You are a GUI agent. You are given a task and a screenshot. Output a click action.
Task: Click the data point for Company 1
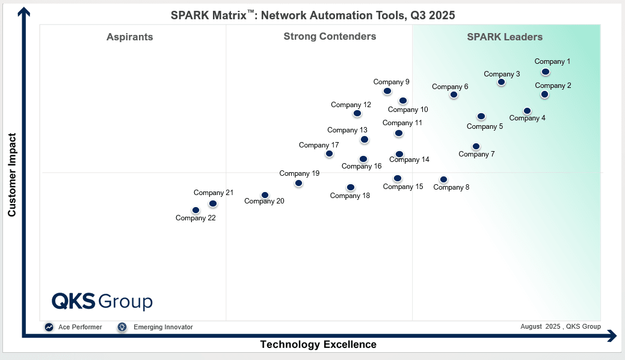[x=545, y=72]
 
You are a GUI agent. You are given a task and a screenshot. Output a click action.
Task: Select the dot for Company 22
[x=196, y=210]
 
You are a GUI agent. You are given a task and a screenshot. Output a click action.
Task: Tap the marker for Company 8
[x=443, y=179]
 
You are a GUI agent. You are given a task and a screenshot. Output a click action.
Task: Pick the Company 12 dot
[x=357, y=113]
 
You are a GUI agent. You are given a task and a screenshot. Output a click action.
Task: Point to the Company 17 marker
[x=329, y=154]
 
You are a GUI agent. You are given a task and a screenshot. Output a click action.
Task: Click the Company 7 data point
[x=476, y=146]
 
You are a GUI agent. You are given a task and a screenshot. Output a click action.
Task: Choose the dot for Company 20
[x=265, y=195]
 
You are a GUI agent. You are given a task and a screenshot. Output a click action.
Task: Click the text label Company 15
[x=403, y=187]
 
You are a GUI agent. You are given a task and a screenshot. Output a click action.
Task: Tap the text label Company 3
[x=502, y=74]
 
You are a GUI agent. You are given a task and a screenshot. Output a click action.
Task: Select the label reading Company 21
[x=213, y=193]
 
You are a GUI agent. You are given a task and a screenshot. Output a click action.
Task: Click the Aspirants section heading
[x=130, y=37]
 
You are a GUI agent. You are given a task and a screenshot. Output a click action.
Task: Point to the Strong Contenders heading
[x=330, y=36]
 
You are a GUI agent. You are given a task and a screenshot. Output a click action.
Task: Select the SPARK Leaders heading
[x=505, y=37]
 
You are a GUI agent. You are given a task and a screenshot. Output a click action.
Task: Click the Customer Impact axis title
[x=12, y=175]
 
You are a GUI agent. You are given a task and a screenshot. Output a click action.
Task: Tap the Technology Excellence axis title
[x=318, y=344]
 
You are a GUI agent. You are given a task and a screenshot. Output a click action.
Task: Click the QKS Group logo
[x=102, y=301]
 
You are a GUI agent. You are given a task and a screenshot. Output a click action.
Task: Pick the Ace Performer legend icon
[x=49, y=327]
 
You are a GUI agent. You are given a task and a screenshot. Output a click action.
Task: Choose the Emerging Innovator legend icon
[x=122, y=327]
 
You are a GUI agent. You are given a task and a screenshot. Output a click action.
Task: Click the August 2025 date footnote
[x=560, y=326]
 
